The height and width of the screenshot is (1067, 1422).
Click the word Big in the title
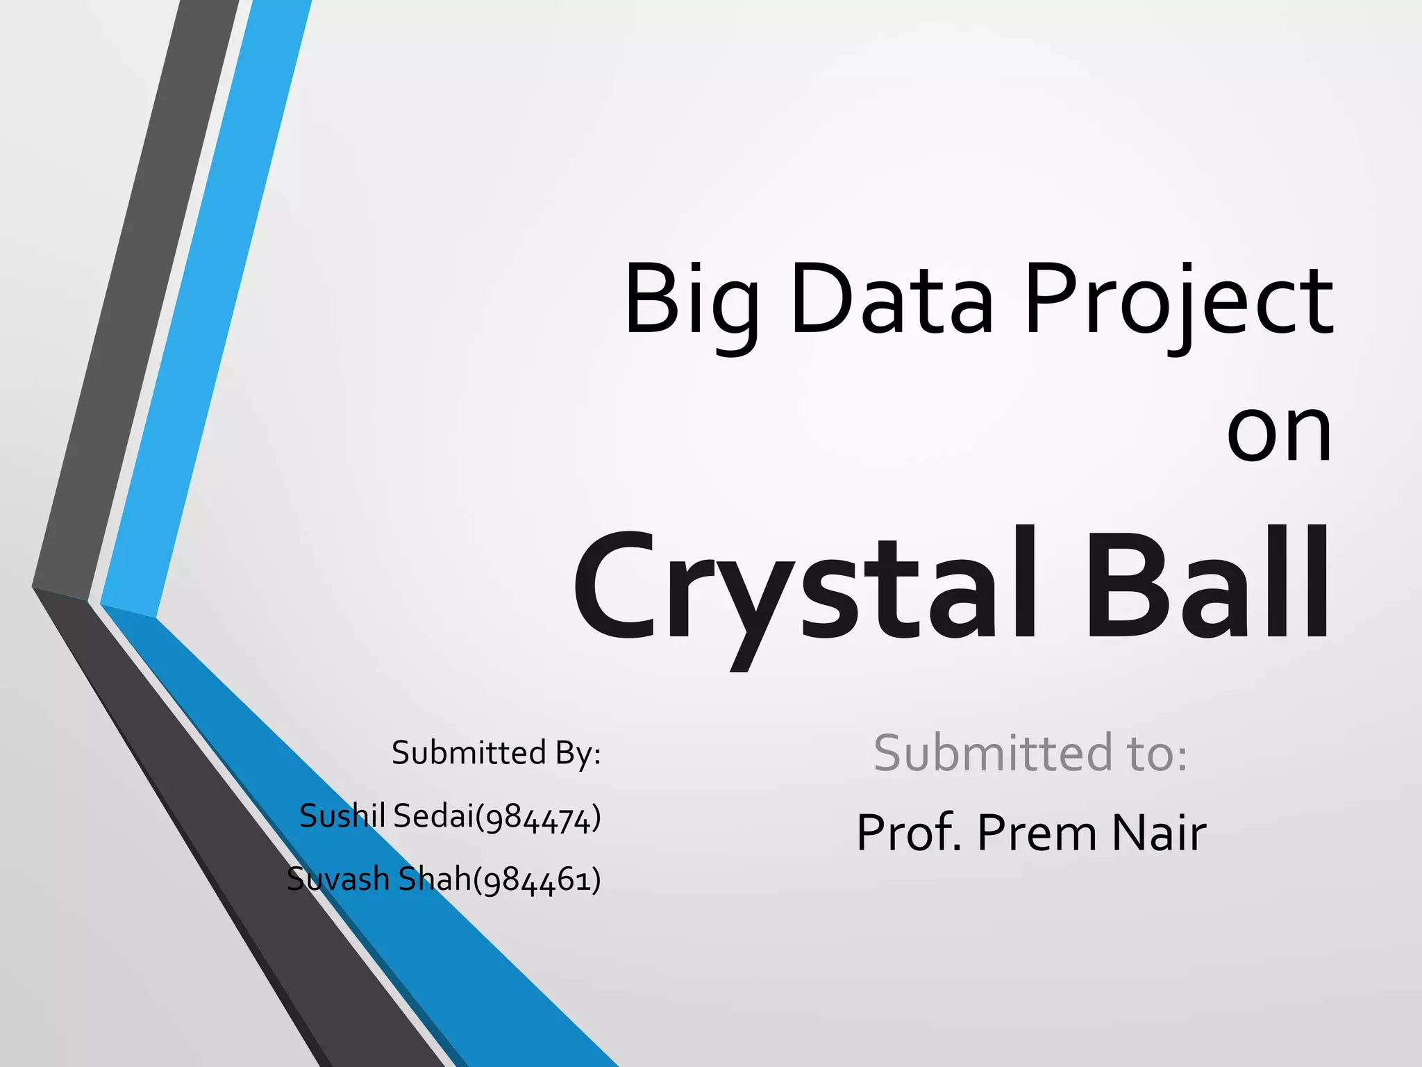coord(691,302)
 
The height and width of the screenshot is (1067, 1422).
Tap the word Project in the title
coord(1178,302)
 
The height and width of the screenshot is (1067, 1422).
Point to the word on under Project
coord(1279,433)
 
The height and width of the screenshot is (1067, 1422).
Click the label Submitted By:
coord(496,752)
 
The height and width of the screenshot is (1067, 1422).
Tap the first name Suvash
coord(337,879)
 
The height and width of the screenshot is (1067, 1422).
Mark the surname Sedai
coord(432,816)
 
